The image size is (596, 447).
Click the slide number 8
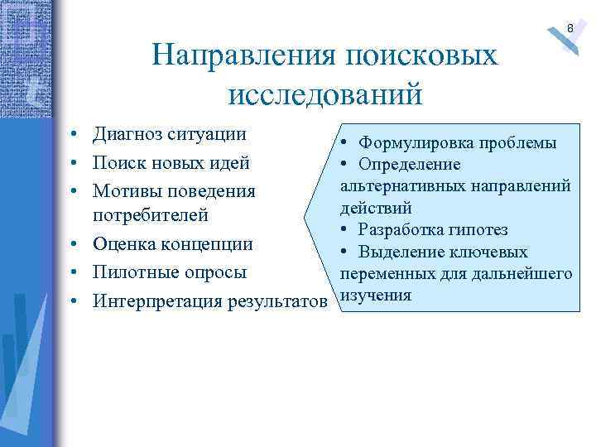[x=570, y=29]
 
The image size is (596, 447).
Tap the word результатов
[x=273, y=301]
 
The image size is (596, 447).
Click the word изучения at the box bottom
[x=377, y=295]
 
